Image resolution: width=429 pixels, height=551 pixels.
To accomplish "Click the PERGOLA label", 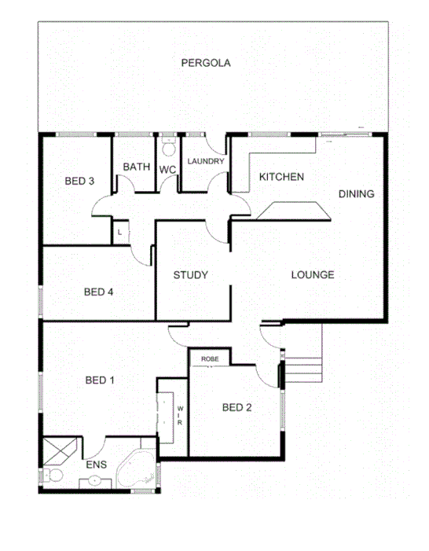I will tap(206, 63).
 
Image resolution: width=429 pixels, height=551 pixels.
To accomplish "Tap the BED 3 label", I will tap(79, 181).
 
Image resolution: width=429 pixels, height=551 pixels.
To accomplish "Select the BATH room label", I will tap(136, 167).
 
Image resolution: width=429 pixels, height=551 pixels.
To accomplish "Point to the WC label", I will tap(167, 169).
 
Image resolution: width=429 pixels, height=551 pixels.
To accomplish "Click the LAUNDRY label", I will tap(206, 162).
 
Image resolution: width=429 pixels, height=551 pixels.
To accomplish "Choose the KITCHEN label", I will tap(281, 177).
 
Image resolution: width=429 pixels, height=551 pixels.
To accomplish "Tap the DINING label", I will tap(356, 193).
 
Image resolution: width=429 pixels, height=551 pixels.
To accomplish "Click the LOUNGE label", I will tap(313, 275).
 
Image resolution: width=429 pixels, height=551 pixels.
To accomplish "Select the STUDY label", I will tap(190, 275).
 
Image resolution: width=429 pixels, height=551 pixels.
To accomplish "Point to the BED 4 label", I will tap(99, 292).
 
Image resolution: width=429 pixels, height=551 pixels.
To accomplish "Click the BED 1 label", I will tap(100, 381).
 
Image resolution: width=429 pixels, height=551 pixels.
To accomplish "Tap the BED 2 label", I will tap(236, 407).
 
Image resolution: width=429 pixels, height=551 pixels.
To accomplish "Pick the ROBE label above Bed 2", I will tap(210, 359).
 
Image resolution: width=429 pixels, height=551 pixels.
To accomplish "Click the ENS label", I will tap(95, 465).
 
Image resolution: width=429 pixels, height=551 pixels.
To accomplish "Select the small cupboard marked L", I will tap(119, 233).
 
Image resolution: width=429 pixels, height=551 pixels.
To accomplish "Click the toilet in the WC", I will tap(167, 148).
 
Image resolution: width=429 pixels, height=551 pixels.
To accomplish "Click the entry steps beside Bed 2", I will tap(303, 365).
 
